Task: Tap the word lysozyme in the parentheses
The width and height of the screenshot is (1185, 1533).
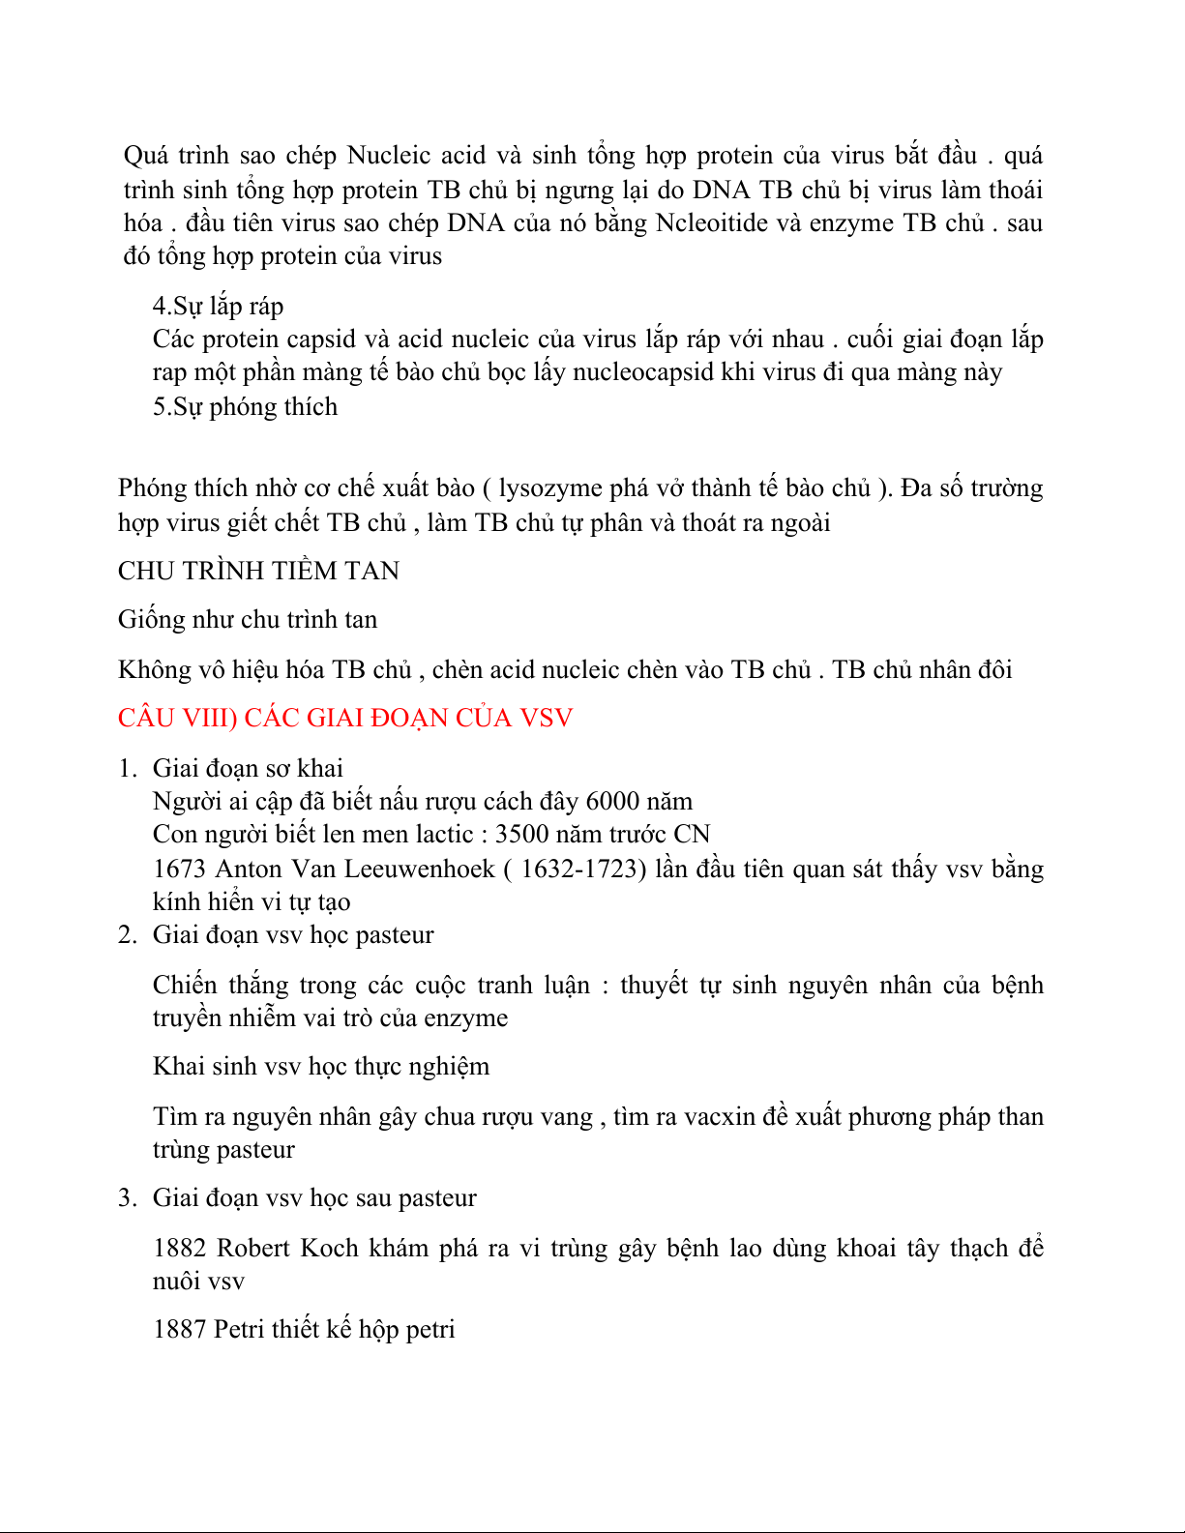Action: (551, 488)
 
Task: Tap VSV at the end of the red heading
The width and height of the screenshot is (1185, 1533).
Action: (547, 719)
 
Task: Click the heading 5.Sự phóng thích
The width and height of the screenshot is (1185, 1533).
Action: (245, 407)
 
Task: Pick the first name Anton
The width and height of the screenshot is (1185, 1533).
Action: (249, 869)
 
